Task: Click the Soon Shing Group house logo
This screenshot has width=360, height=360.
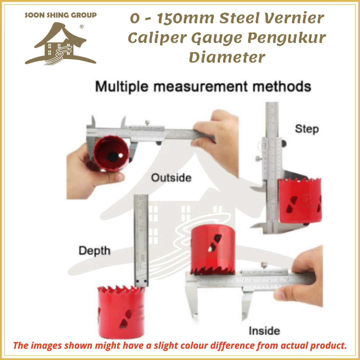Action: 60,43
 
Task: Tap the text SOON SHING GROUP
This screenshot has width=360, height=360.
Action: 61,15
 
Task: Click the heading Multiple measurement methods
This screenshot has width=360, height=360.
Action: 203,87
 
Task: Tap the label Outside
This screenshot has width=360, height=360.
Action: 171,178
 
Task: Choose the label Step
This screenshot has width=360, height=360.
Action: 307,129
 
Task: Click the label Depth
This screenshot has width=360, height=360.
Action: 94,251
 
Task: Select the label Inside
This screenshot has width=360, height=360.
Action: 264,331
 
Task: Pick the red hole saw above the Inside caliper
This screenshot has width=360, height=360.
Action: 213,248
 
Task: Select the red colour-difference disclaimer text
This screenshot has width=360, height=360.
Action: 180,345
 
